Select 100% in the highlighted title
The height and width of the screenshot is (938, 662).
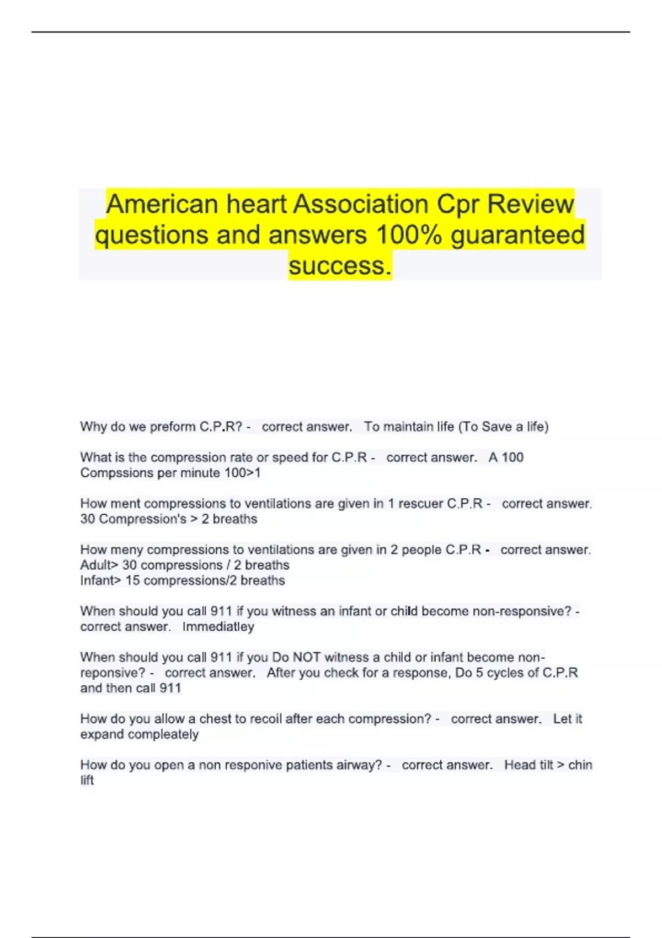click(x=408, y=235)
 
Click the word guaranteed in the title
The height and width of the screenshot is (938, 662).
click(x=517, y=235)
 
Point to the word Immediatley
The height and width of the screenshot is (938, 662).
click(x=218, y=627)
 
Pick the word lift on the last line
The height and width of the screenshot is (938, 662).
click(x=87, y=780)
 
